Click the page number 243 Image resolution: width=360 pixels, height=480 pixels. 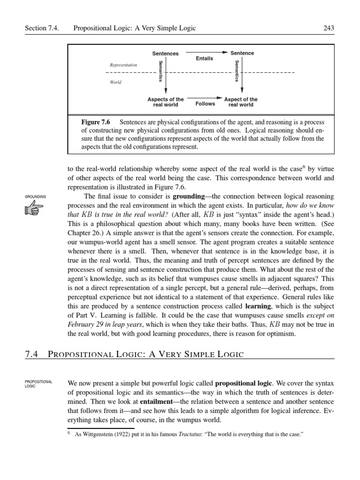329,29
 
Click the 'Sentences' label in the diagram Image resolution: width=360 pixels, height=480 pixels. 165,53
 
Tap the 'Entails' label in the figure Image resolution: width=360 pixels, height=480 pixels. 204,59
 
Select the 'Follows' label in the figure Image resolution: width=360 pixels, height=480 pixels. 205,104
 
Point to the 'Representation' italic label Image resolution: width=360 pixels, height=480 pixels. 124,65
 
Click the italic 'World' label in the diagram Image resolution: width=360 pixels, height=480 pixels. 115,82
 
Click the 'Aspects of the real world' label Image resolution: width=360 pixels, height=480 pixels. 165,102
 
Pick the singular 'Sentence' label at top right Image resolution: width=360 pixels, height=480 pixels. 241,53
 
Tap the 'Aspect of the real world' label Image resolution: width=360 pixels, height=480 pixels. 240,102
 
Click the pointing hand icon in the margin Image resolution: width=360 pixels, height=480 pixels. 33,210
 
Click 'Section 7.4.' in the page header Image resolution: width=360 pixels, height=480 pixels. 44,29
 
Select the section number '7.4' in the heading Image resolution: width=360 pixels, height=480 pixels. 31,354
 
